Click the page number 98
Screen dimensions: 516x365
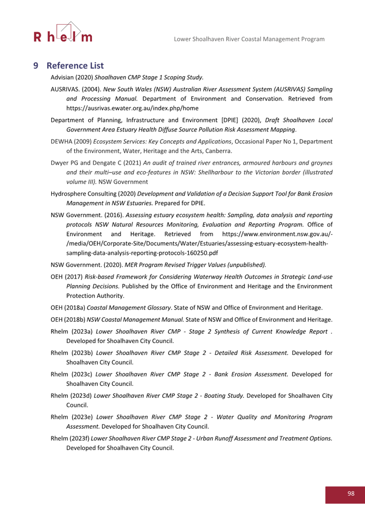point(351,493)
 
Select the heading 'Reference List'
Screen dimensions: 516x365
point(75,66)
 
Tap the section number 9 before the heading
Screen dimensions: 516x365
point(36,66)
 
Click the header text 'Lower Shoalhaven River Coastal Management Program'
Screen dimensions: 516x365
point(249,39)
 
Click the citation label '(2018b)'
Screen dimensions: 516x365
point(74,317)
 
